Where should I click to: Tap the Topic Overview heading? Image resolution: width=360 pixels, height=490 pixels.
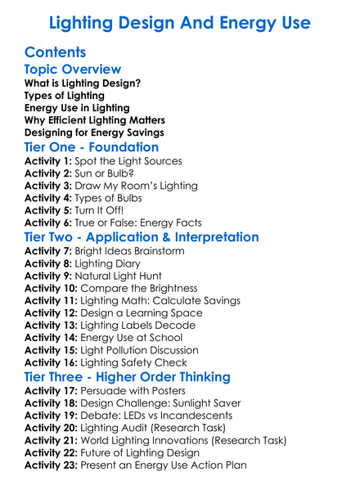73,70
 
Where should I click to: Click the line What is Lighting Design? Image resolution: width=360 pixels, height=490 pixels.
82,83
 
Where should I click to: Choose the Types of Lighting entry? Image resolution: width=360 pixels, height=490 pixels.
65,96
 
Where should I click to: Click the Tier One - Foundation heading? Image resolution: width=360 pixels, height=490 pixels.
92,148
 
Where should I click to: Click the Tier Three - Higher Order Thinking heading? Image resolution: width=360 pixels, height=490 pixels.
128,377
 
